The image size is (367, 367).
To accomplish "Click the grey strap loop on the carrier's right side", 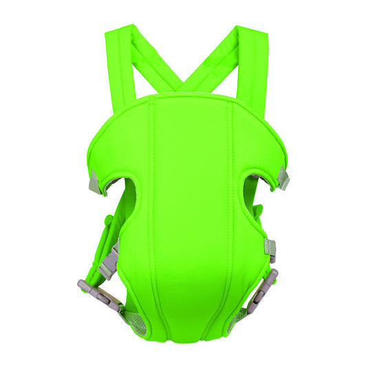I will pos(271,248).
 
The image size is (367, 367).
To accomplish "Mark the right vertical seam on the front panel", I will pos(228,207).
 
